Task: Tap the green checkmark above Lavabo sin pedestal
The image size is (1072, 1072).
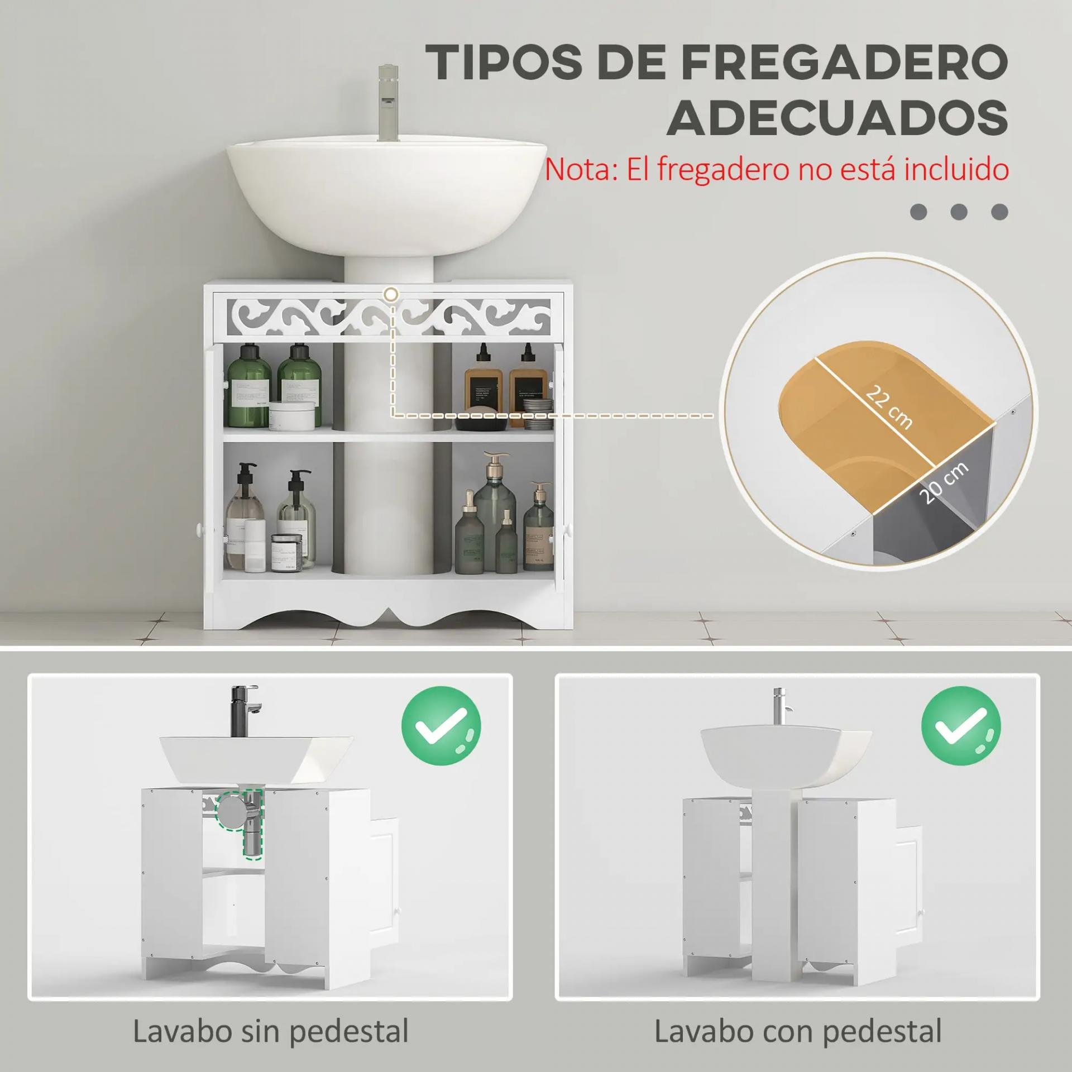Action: [441, 726]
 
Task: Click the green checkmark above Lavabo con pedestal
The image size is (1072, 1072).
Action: [960, 726]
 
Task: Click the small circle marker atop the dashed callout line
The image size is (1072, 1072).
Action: [392, 294]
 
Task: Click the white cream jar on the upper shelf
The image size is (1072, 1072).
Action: [291, 415]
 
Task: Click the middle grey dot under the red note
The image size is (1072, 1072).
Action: [959, 212]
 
